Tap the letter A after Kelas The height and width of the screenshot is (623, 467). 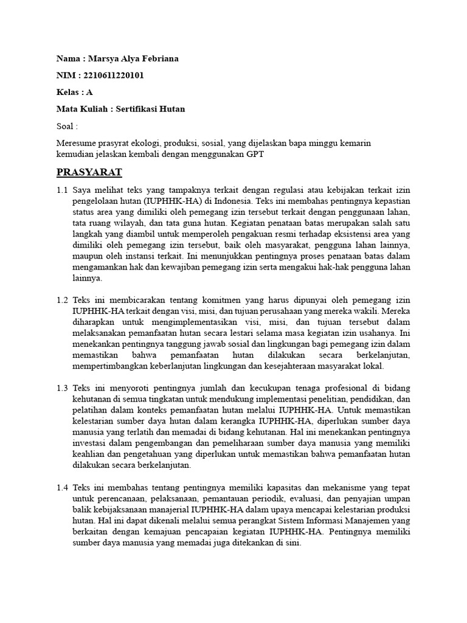[x=90, y=92]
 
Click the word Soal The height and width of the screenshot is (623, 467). [x=65, y=127]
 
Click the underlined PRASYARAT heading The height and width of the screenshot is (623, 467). [x=89, y=172]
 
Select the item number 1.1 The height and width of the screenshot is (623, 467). [x=62, y=190]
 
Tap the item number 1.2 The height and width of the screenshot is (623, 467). [x=62, y=301]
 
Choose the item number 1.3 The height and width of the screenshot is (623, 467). [x=62, y=388]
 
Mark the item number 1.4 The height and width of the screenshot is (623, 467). [x=62, y=488]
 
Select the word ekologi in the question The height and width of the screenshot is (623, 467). [x=144, y=144]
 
